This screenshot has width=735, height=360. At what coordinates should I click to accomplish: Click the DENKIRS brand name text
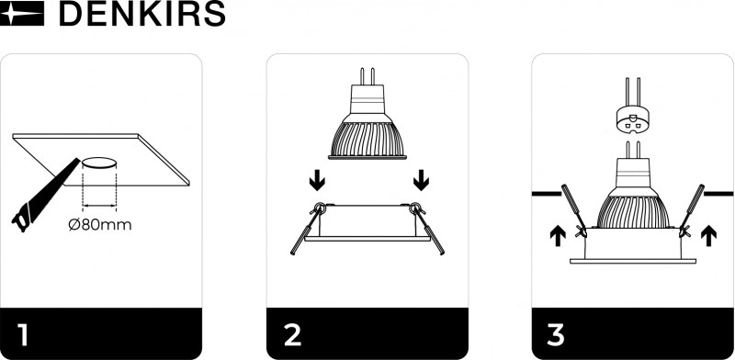click(x=142, y=13)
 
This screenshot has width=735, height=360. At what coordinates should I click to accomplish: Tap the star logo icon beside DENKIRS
click(x=22, y=13)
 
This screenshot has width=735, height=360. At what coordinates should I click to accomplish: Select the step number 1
click(x=23, y=334)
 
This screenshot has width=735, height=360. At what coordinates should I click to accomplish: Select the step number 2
click(x=293, y=334)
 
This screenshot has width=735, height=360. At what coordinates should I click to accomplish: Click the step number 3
click(x=555, y=334)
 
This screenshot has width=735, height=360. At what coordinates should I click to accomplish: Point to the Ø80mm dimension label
click(x=100, y=225)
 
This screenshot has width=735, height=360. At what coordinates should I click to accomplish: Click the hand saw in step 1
click(x=45, y=196)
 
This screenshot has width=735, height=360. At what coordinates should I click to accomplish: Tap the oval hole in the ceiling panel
click(x=99, y=163)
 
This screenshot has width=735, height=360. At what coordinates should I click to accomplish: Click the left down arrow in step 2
click(x=317, y=180)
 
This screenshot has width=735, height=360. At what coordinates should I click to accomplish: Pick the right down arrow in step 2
click(x=422, y=180)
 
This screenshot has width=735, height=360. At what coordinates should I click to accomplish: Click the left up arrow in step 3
click(x=558, y=235)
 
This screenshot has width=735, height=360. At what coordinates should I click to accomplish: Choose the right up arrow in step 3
click(x=708, y=235)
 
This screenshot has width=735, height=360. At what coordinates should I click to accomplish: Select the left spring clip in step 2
click(x=306, y=229)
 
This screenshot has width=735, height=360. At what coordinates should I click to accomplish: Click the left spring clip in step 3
click(x=575, y=210)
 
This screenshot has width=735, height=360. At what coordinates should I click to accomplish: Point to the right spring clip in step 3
click(x=691, y=210)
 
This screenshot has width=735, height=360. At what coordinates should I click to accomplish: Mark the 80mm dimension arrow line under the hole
click(x=99, y=205)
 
